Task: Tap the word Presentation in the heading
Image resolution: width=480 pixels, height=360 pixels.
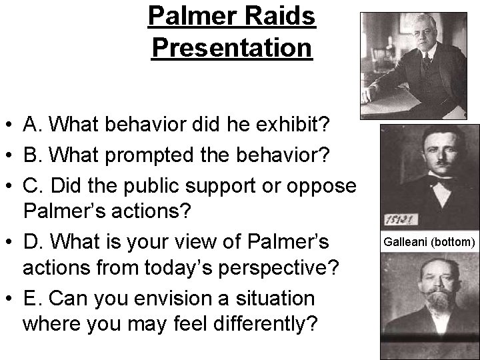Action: [231, 48]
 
